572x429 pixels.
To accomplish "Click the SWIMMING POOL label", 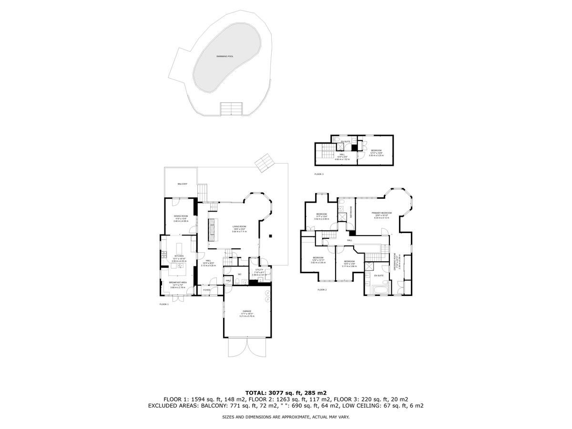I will tap(225, 56).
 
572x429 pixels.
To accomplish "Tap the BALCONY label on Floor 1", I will tap(182, 184).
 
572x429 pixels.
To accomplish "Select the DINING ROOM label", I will tap(181, 216).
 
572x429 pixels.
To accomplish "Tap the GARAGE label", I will tap(246, 311).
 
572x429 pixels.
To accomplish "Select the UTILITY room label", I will tap(259, 270).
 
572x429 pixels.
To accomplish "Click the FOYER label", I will tap(206, 290).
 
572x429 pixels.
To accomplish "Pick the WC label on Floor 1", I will tap(240, 274).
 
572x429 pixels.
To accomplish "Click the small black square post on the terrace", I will tap(270, 235).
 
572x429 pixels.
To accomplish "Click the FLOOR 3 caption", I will tap(319, 174).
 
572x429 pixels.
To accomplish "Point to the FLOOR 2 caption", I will tap(322, 290).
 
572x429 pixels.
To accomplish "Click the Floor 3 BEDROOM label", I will tap(376, 151).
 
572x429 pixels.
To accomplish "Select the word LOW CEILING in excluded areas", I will tap(371, 406).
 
